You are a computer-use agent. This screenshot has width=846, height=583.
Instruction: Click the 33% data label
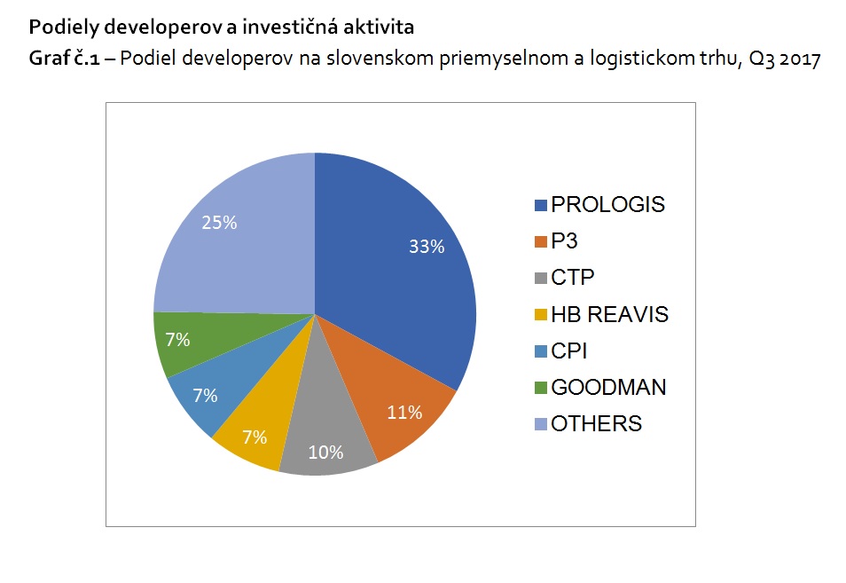(426, 248)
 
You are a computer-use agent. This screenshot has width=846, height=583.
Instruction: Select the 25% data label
(219, 223)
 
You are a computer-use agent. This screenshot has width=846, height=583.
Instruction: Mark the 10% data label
(325, 453)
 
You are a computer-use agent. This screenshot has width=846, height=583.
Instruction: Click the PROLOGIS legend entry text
(607, 205)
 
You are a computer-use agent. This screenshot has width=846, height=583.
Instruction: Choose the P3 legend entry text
(565, 241)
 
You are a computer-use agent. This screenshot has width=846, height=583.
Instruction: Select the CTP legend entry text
(572, 278)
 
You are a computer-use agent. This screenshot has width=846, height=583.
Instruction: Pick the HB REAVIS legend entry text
(609, 314)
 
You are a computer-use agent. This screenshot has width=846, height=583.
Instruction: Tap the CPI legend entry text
(568, 351)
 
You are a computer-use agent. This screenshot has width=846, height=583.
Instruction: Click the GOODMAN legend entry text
(608, 387)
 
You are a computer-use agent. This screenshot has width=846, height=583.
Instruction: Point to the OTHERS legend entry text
(596, 423)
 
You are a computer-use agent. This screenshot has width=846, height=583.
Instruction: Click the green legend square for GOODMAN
(540, 388)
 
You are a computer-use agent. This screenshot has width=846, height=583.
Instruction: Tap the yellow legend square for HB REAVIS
(540, 315)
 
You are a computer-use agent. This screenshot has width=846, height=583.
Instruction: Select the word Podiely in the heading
(57, 28)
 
